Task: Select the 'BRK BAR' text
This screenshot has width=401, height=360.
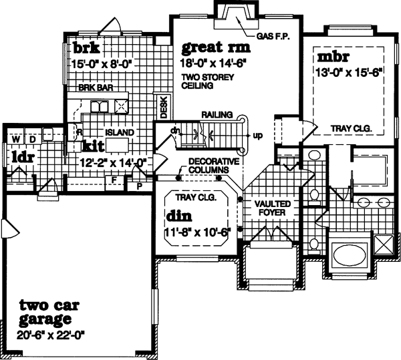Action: click(92, 87)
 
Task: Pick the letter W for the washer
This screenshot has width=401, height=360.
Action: click(13, 139)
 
